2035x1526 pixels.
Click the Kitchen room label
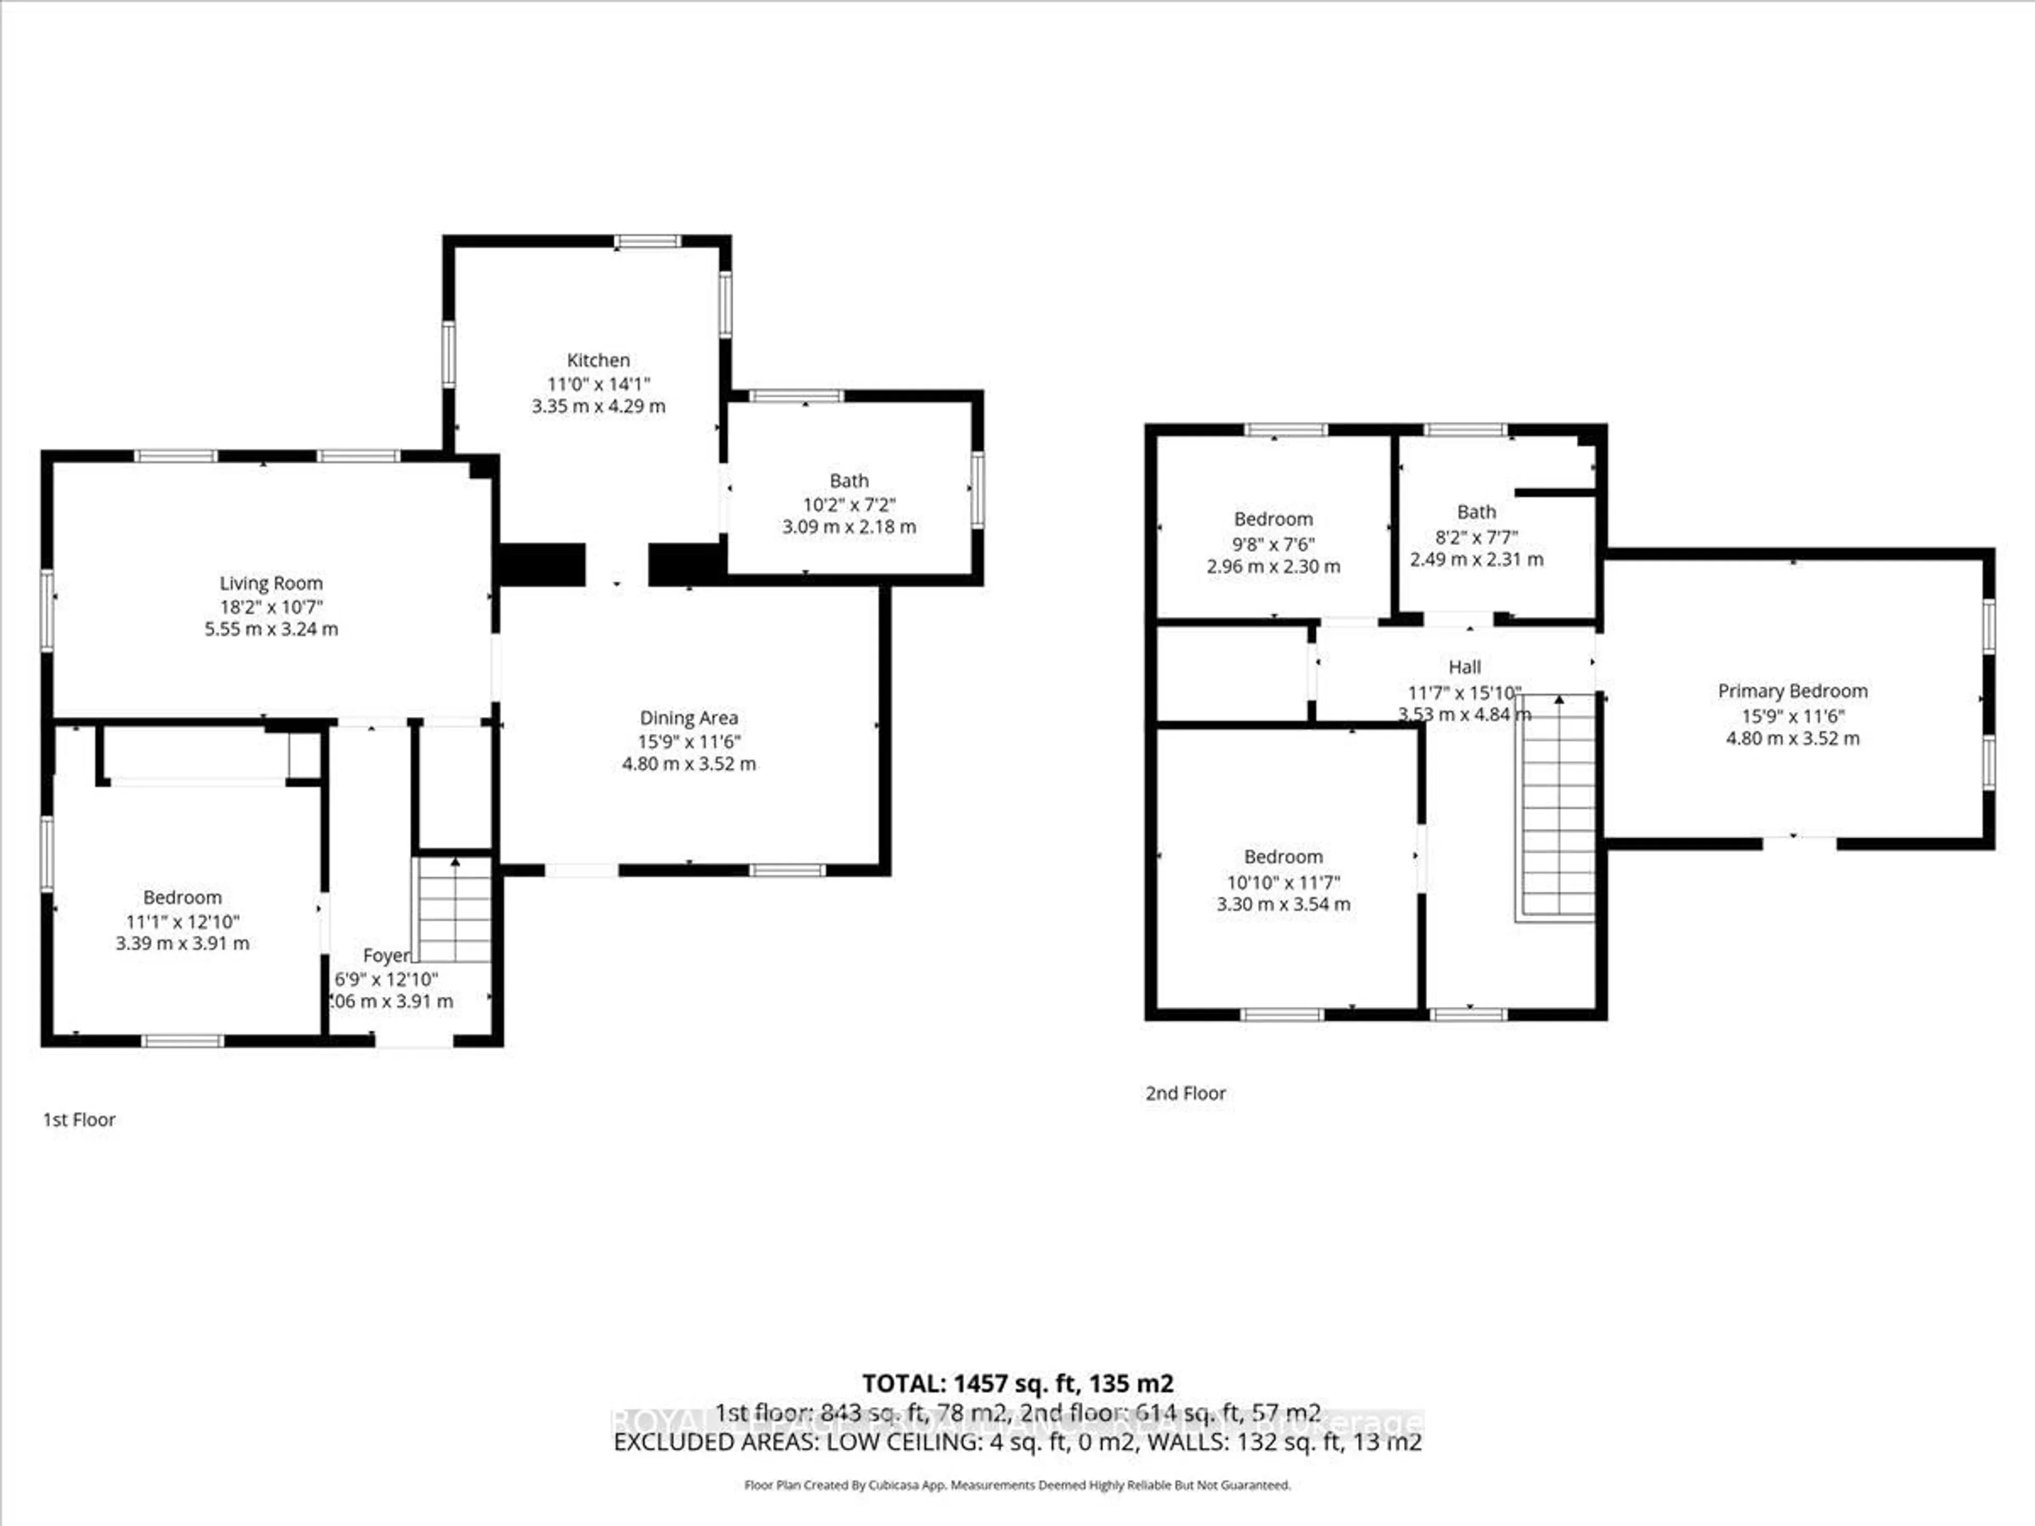[598, 360]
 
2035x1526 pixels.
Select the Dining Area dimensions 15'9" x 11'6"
[689, 741]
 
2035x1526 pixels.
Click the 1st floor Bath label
[848, 480]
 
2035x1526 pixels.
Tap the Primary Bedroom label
[1792, 691]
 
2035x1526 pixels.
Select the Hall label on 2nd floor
[1465, 667]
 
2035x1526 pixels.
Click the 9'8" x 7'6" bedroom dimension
[1273, 544]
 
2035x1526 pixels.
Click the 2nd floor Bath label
[1476, 511]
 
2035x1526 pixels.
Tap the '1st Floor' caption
[79, 1120]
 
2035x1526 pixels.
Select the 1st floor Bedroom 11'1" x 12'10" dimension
[182, 921]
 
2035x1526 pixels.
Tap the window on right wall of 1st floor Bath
[977, 490]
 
